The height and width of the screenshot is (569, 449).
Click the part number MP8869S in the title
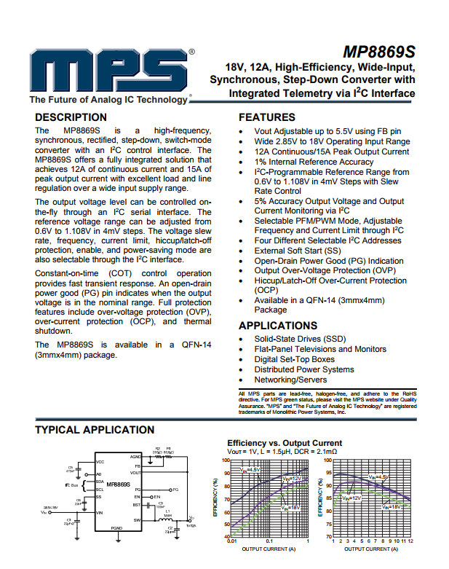(x=378, y=53)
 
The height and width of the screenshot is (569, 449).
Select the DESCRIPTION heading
(x=71, y=117)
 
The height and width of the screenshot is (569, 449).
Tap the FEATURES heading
(x=267, y=117)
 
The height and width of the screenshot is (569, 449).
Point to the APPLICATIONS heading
(x=278, y=326)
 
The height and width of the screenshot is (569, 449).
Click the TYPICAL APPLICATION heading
(x=95, y=430)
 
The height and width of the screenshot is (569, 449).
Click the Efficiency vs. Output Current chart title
(x=285, y=443)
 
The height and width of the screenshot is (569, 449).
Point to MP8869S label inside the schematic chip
(x=118, y=484)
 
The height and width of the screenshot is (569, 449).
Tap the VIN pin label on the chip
(x=100, y=513)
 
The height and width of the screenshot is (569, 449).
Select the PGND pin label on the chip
(x=117, y=527)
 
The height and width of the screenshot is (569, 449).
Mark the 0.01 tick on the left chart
(x=231, y=541)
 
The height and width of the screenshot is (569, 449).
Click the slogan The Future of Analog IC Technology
(x=108, y=100)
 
